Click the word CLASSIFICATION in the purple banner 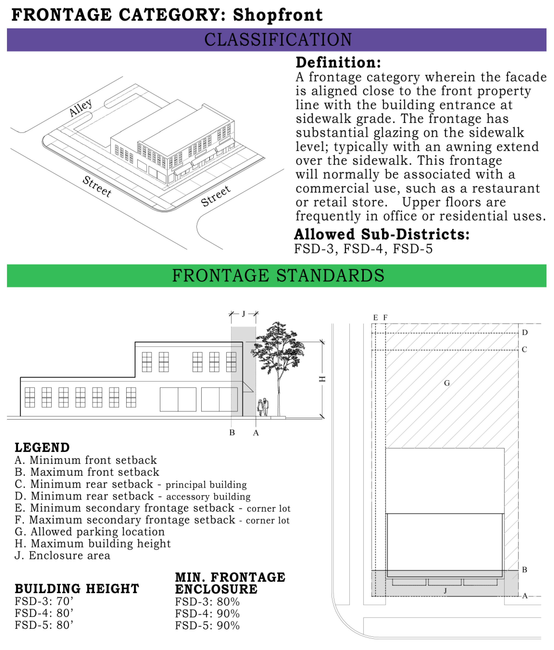[x=278, y=40]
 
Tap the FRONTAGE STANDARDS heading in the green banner [x=278, y=275]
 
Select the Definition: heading [x=338, y=62]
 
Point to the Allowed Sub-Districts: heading [x=381, y=234]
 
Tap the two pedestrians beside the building [x=263, y=407]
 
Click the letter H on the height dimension [x=322, y=379]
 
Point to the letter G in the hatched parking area [x=447, y=383]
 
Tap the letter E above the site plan [x=375, y=317]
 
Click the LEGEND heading [x=42, y=448]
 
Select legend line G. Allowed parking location [x=90, y=532]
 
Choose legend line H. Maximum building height [x=93, y=544]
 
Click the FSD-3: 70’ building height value [x=44, y=601]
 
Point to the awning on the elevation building [x=247, y=387]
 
